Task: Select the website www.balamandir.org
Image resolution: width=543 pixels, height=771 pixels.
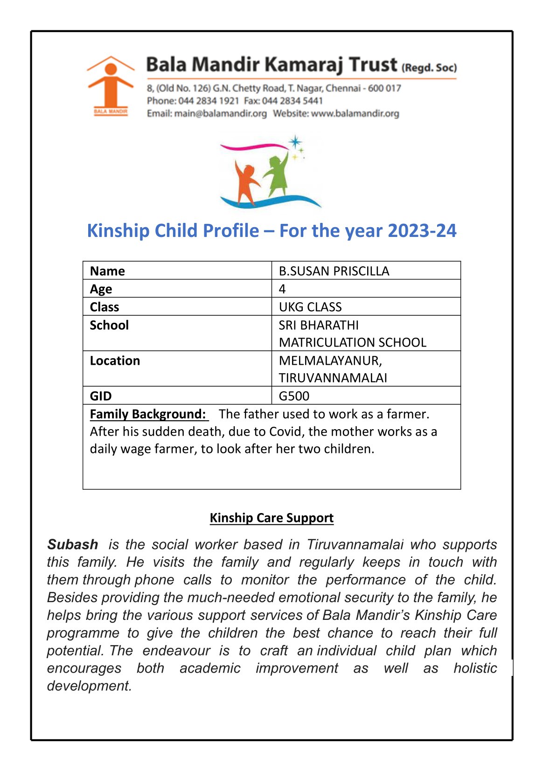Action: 355,113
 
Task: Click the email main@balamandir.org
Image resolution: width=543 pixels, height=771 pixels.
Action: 220,113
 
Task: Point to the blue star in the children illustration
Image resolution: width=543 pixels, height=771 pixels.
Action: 295,141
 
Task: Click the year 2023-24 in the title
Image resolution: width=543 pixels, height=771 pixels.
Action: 422,231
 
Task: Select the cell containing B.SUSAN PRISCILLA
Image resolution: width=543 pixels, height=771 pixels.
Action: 334,271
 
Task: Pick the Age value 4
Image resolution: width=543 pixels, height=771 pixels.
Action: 282,289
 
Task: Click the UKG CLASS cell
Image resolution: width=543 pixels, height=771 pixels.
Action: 310,307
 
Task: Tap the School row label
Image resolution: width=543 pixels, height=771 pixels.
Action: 109,325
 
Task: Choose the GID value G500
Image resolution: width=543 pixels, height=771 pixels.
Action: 294,396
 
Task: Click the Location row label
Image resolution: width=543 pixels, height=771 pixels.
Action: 115,361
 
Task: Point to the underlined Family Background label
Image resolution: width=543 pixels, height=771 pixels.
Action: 148,414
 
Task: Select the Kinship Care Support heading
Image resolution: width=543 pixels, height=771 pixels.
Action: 271,518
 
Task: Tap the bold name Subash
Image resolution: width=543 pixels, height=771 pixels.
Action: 73,544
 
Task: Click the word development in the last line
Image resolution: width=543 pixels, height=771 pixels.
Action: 89,686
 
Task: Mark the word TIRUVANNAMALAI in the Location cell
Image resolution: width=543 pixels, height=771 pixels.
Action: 333,378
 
